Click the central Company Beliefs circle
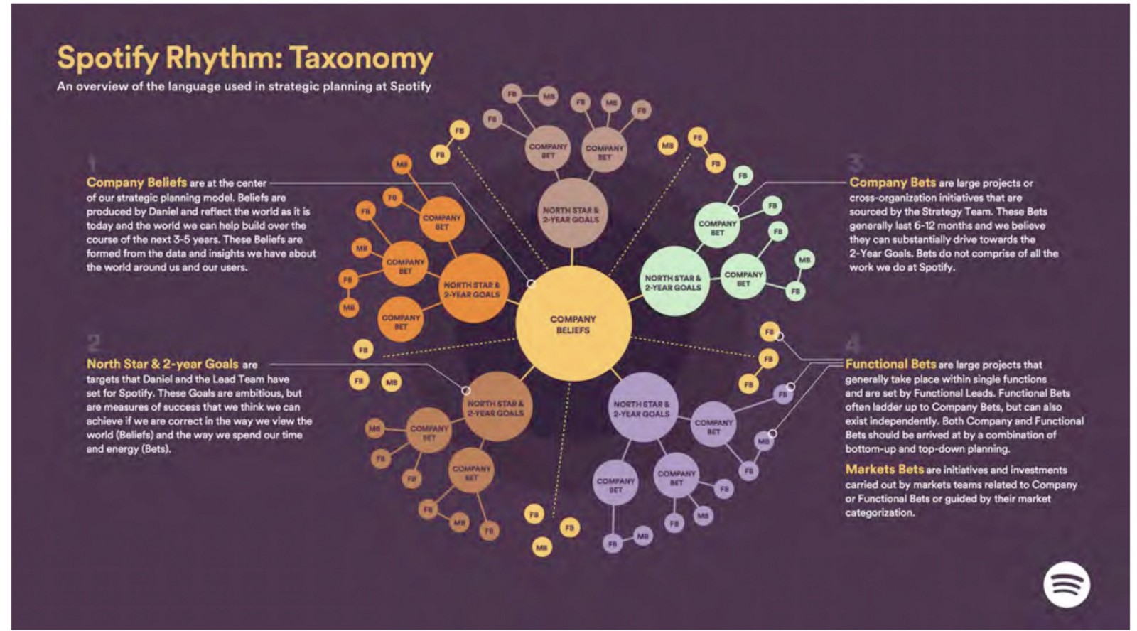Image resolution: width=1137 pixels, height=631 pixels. pyautogui.click(x=573, y=325)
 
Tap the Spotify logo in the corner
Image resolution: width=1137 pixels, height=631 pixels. pyautogui.click(x=1066, y=584)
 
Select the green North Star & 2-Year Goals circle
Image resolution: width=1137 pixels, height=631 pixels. pyautogui.click(x=673, y=282)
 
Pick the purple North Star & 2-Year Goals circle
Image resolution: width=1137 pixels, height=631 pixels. pyautogui.click(x=641, y=409)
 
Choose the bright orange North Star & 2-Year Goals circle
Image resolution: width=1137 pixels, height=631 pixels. pyautogui.click(x=472, y=288)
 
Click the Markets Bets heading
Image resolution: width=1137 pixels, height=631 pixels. pyautogui.click(x=884, y=470)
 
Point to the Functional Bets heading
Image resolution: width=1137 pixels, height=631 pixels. pyautogui.click(x=890, y=364)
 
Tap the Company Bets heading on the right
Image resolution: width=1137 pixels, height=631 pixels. pyautogui.click(x=893, y=183)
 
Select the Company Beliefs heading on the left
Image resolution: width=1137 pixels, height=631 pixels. pyautogui.click(x=136, y=183)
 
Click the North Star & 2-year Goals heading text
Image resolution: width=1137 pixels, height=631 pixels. pyautogui.click(x=163, y=364)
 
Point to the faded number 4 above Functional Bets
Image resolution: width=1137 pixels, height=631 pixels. pyautogui.click(x=853, y=345)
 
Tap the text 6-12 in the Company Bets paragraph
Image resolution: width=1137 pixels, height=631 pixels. pyautogui.click(x=922, y=225)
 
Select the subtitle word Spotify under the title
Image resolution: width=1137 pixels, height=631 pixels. pyautogui.click(x=410, y=86)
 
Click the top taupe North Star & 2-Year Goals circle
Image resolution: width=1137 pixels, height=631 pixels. pyautogui.click(x=571, y=214)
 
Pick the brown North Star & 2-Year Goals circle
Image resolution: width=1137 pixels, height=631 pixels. pyautogui.click(x=495, y=408)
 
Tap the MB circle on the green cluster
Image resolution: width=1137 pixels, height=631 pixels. pyautogui.click(x=804, y=260)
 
